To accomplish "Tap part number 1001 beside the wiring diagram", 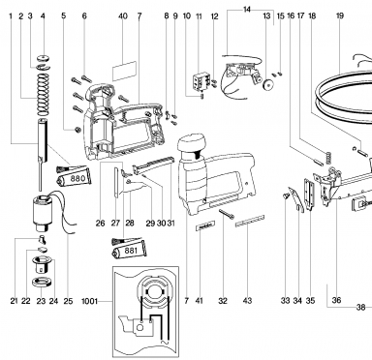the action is [x=89, y=301].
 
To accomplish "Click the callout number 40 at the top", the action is [x=123, y=15].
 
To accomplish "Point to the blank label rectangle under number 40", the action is [x=124, y=71].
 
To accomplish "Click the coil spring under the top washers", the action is [x=43, y=95].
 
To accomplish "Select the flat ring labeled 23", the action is [x=41, y=282].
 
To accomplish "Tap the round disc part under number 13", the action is [x=267, y=84].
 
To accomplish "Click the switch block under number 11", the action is [x=200, y=81].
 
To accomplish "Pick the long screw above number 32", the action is [x=227, y=214].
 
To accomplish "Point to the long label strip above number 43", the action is [x=250, y=221].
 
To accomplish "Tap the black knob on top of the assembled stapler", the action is [x=192, y=143].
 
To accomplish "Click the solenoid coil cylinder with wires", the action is [x=43, y=214].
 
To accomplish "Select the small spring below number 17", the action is [x=328, y=157].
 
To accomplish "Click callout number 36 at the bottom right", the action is [x=336, y=300].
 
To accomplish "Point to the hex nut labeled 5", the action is [x=77, y=130].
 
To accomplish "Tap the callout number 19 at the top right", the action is [x=340, y=15].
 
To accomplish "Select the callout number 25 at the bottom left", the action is [x=68, y=301].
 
